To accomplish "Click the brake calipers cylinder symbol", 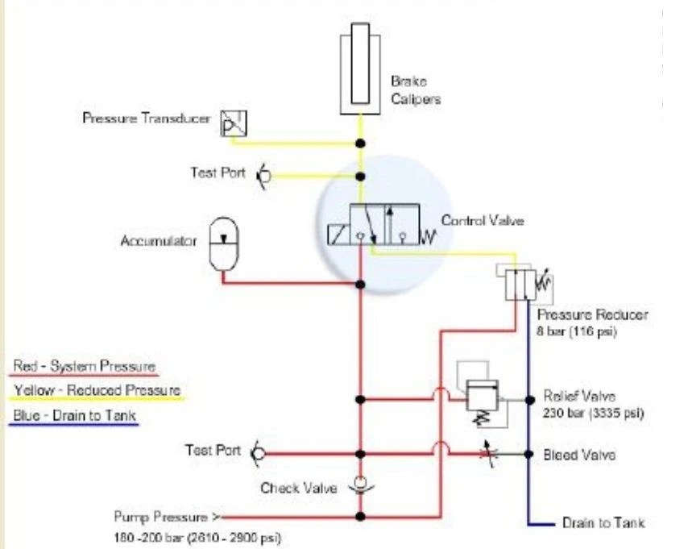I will (360, 68).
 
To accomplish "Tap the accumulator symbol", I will (223, 245).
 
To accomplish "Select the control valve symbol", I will (383, 225).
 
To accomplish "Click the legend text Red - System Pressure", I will (84, 366).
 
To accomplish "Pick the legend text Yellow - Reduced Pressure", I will (97, 391).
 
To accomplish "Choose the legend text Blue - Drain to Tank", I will (75, 416).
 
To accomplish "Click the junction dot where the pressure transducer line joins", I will (361, 143).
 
